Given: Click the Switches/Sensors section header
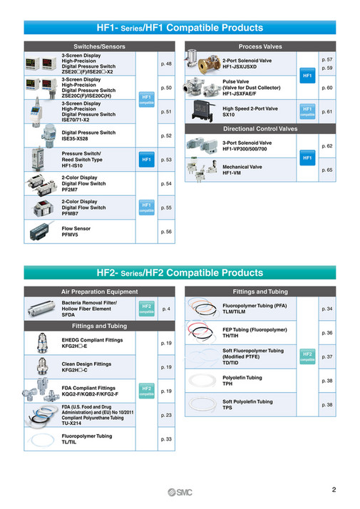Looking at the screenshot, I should [x=99, y=46].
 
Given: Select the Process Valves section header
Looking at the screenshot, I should [x=261, y=46].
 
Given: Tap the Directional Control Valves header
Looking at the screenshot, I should [x=261, y=129].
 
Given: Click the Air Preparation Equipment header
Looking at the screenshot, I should [x=99, y=292].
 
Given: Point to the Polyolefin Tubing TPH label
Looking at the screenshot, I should [x=242, y=381].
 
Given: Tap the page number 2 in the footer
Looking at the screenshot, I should [x=334, y=490].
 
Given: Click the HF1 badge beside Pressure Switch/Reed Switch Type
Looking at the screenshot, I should [x=145, y=160].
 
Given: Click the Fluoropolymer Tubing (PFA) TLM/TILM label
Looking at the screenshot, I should [x=254, y=309].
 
